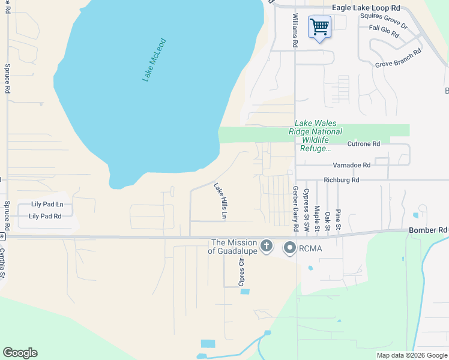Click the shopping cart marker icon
(319, 27)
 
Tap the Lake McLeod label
(154, 60)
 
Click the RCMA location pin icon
(289, 247)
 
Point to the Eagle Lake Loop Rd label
(366, 8)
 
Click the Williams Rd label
(295, 31)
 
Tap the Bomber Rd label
(428, 230)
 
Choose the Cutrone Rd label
(364, 144)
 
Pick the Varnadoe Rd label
(352, 164)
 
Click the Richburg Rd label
(341, 179)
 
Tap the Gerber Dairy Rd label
(295, 209)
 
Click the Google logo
(20, 353)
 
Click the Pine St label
(339, 220)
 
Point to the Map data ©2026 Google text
(411, 355)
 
